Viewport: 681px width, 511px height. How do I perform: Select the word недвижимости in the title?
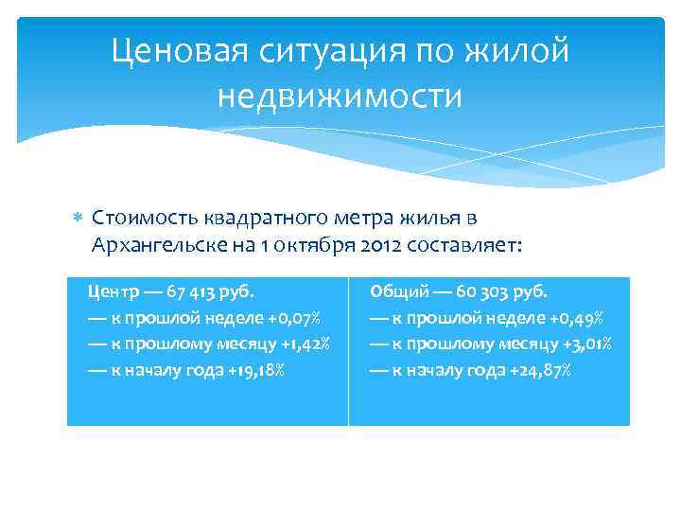(x=340, y=96)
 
